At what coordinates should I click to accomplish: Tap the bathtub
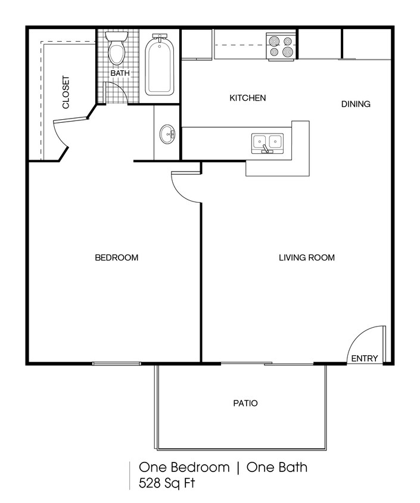pos(159,66)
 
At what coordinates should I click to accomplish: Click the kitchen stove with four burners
pos(281,46)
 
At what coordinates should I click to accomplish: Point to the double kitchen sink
pos(267,142)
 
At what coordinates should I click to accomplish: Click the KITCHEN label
pos(247,98)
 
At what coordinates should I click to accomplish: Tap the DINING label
pos(356,104)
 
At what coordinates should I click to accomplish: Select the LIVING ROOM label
pos(307,258)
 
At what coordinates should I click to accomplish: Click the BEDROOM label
pos(117,258)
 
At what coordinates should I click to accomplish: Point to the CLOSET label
pos(66,93)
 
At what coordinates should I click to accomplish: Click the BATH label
pos(120,73)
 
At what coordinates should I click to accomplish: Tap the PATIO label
pos(245,403)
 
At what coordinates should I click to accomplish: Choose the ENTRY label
pos(364,358)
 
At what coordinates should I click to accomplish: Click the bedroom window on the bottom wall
pos(117,363)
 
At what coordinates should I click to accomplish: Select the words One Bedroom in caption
pos(183,467)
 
